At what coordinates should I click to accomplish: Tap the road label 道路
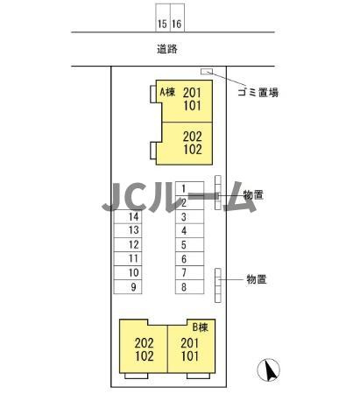pyautogui.click(x=167, y=49)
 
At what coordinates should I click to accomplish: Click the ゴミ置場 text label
pyautogui.click(x=258, y=93)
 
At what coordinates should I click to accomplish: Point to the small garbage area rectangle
pyautogui.click(x=207, y=71)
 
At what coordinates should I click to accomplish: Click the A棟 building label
pyautogui.click(x=167, y=92)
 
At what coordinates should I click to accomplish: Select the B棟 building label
pyautogui.click(x=201, y=327)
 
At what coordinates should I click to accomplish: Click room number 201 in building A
pyautogui.click(x=193, y=93)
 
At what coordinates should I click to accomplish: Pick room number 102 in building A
pyautogui.click(x=193, y=150)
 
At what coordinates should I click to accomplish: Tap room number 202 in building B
pyautogui.click(x=145, y=343)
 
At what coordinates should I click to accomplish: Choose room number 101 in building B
pyautogui.click(x=190, y=356)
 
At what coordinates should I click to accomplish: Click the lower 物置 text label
pyautogui.click(x=257, y=279)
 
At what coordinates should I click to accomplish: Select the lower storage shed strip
pyautogui.click(x=218, y=285)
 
